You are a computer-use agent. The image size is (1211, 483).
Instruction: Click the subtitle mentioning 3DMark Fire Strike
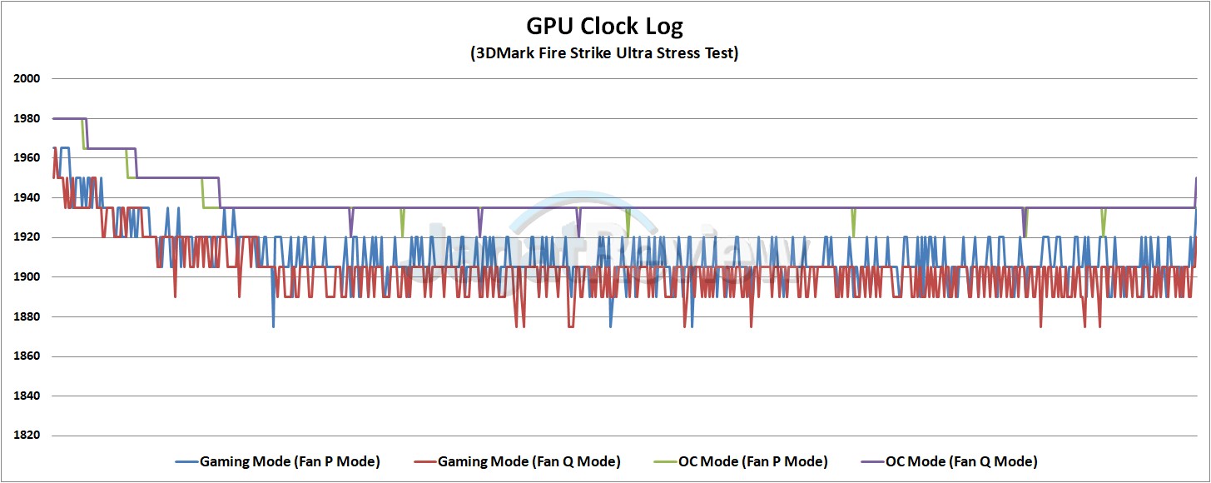click(x=604, y=53)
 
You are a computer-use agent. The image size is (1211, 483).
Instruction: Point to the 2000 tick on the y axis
click(x=27, y=79)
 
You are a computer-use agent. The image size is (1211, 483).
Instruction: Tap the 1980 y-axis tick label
click(x=27, y=118)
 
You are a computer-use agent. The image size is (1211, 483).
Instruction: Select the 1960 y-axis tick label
click(x=27, y=158)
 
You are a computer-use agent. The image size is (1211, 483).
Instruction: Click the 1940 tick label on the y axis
click(x=27, y=198)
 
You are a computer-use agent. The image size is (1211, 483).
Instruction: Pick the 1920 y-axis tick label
click(x=27, y=237)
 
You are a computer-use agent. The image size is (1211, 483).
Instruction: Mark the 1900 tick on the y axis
click(x=27, y=277)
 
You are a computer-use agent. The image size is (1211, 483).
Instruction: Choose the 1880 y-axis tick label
click(x=27, y=316)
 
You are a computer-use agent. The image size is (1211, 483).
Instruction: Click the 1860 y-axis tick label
click(x=27, y=356)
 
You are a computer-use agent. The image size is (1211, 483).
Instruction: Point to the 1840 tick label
click(x=27, y=396)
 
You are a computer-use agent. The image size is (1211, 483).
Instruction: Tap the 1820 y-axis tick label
click(x=27, y=436)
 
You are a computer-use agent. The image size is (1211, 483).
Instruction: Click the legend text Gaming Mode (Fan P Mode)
click(x=290, y=461)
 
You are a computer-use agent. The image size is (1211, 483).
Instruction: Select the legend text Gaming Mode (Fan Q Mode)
click(x=529, y=461)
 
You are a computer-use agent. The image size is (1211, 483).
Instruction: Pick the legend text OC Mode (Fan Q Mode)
click(x=961, y=461)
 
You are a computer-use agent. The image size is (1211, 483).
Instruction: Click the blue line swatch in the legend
click(x=186, y=461)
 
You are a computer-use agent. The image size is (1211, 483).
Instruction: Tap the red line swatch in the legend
click(x=424, y=461)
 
